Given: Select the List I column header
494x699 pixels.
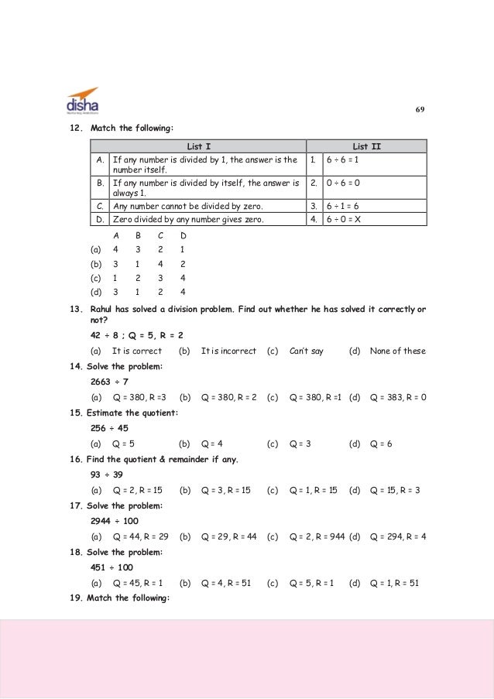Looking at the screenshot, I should pyautogui.click(x=198, y=146).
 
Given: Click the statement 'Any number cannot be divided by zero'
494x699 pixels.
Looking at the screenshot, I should pyautogui.click(x=188, y=207).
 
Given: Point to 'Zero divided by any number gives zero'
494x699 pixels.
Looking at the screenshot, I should pyautogui.click(x=188, y=219).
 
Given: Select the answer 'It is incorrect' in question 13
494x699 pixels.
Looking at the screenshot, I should pyautogui.click(x=228, y=351).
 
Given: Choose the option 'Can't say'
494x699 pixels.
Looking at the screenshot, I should pyautogui.click(x=306, y=351).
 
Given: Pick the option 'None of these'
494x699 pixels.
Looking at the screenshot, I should pyautogui.click(x=397, y=351).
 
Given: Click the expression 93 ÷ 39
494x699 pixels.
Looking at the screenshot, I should pyautogui.click(x=107, y=475).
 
